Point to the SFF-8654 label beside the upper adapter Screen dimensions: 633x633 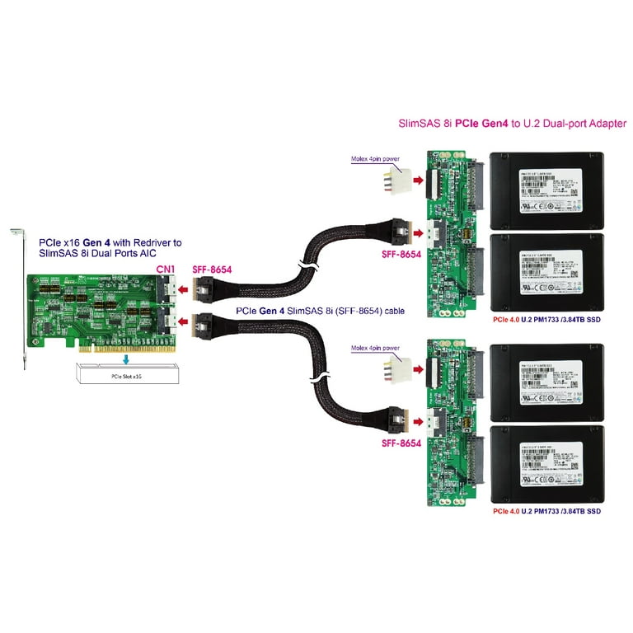point(401,256)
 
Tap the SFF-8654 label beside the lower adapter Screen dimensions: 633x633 point(401,443)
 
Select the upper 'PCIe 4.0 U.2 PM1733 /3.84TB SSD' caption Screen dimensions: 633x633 point(546,319)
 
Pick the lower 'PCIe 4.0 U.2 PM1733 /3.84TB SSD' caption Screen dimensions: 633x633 point(546,511)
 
